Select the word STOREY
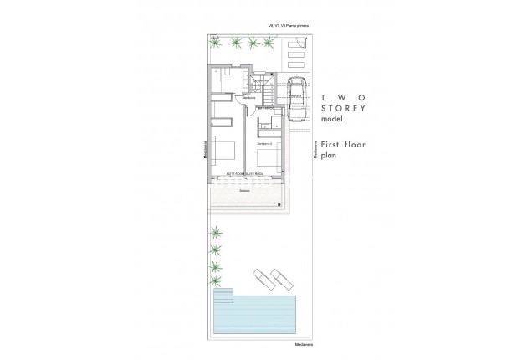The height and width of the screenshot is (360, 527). click(345, 109)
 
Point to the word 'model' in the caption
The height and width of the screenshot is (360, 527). click(333, 121)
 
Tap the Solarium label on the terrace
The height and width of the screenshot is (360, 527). click(244, 191)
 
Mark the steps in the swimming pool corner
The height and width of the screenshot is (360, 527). click(223, 296)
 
